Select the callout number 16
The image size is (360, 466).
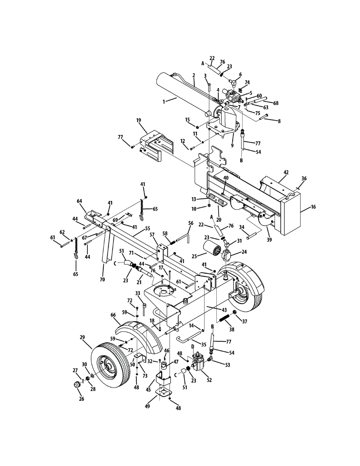(x=313, y=207)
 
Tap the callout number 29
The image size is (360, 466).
(x=82, y=338)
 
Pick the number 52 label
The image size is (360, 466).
(x=209, y=380)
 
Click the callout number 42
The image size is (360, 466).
(x=286, y=172)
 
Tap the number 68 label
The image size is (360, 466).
(x=276, y=103)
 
